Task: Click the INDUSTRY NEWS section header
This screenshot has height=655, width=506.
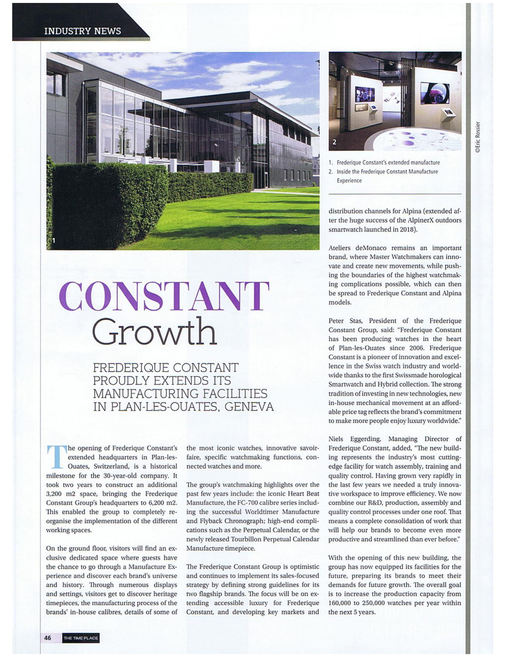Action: (82, 31)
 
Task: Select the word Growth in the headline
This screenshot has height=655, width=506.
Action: (154, 332)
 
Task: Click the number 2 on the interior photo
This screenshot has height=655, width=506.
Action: (335, 142)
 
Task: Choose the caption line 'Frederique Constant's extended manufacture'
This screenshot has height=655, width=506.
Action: (388, 163)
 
